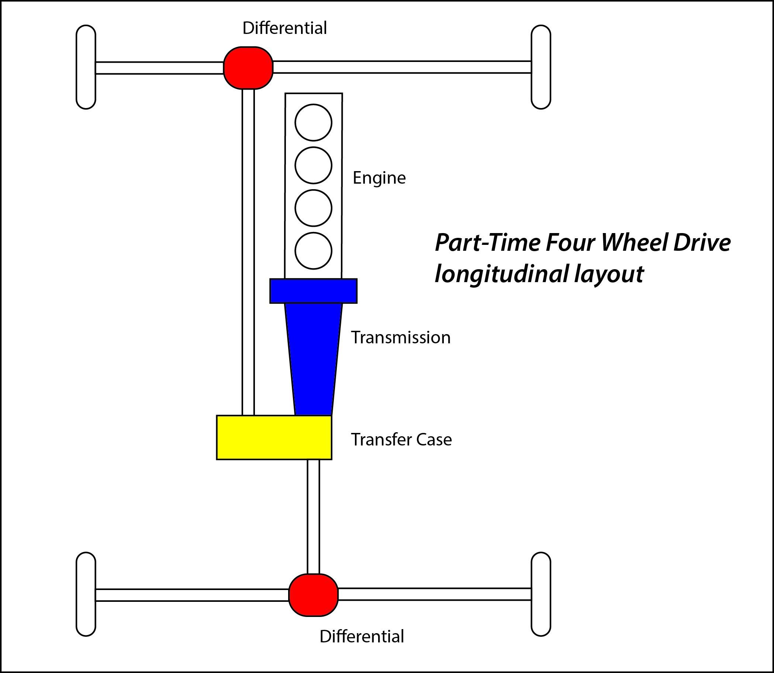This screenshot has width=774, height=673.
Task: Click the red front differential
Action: (x=248, y=68)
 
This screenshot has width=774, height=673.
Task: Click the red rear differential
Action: (x=313, y=595)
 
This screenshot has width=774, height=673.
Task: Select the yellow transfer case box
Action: (x=274, y=437)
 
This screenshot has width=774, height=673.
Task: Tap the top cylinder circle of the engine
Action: (x=313, y=122)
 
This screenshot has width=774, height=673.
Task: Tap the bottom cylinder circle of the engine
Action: (x=313, y=250)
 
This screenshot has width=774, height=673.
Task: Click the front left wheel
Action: (x=86, y=67)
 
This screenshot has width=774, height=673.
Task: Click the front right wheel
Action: (x=541, y=67)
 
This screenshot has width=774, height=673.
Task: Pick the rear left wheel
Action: (x=86, y=594)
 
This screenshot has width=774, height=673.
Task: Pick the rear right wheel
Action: (x=541, y=594)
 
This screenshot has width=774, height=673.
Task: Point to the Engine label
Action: (x=379, y=178)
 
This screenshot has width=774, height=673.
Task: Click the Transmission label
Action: (x=401, y=337)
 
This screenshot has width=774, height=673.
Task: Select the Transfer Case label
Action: (x=401, y=440)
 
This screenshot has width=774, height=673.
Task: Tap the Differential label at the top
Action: (x=284, y=28)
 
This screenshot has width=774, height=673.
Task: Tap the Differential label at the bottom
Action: (x=362, y=636)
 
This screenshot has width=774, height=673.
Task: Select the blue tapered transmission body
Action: (x=313, y=359)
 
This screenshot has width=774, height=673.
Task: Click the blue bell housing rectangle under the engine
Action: (x=313, y=291)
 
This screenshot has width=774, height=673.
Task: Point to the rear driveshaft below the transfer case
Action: (x=313, y=517)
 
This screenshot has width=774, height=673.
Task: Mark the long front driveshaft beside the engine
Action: (x=248, y=252)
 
